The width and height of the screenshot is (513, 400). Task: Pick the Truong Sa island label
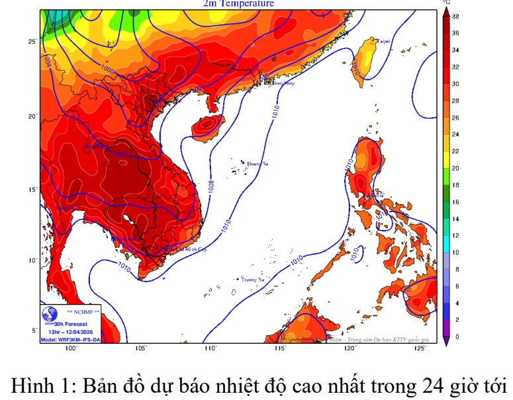click(x=252, y=280)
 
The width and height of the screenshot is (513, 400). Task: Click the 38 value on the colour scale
click(x=455, y=16)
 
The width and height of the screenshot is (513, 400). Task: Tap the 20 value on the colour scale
click(x=455, y=169)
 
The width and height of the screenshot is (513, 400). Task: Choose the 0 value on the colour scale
click(x=455, y=337)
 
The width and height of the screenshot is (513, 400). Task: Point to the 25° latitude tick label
click(x=32, y=42)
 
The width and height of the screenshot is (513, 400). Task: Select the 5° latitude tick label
click(x=34, y=330)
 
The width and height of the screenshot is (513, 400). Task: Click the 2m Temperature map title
click(x=238, y=3)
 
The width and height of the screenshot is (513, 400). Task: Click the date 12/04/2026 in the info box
click(x=80, y=332)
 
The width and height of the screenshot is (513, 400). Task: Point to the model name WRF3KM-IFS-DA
click(x=79, y=339)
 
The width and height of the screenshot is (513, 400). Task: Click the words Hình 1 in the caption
click(x=34, y=384)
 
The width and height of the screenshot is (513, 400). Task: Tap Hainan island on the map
click(x=205, y=128)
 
